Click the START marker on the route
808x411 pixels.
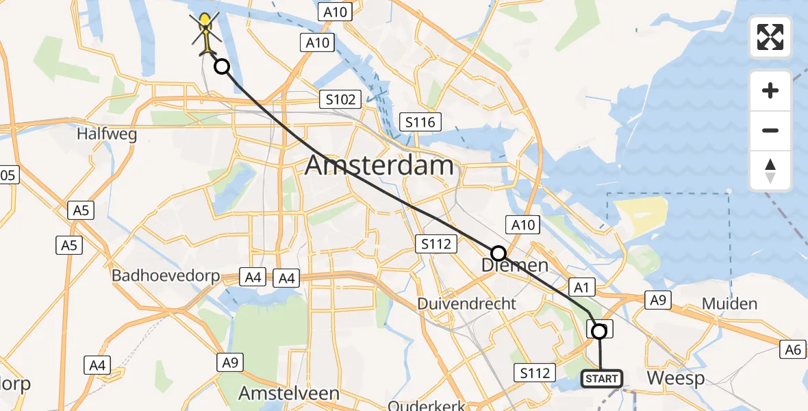click(601, 378)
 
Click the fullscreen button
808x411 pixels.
click(770, 37)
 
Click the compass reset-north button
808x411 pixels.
click(770, 171)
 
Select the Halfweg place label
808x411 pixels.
click(107, 134)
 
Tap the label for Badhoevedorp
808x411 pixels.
click(167, 276)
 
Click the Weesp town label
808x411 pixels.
click(674, 378)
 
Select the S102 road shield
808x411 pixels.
click(340, 100)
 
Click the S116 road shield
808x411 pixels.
click(420, 123)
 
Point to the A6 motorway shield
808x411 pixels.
click(792, 350)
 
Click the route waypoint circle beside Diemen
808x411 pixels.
click(498, 253)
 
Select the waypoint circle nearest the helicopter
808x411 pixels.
click(222, 66)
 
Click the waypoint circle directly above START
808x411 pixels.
click(599, 332)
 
